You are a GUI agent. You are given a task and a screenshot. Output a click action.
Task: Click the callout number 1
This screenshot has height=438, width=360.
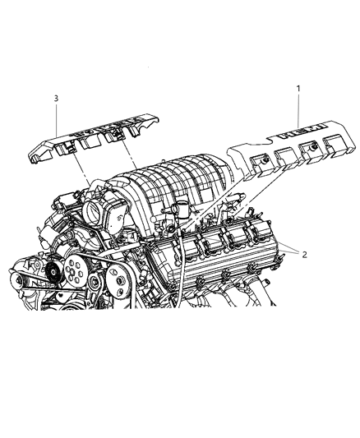coord(298,86)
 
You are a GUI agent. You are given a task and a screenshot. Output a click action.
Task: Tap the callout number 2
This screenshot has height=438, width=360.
coord(304,255)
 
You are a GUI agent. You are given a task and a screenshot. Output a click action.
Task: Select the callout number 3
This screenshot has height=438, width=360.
coord(56,99)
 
